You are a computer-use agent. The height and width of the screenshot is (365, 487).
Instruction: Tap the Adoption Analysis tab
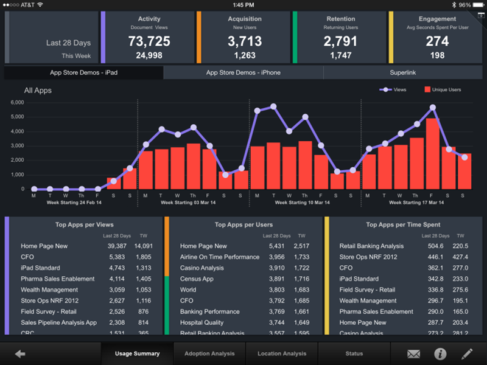pyautogui.click(x=210, y=353)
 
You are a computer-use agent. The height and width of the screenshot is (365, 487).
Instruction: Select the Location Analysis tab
pyautogui.click(x=282, y=353)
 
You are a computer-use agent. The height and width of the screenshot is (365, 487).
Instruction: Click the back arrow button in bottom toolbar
pyautogui.click(x=20, y=353)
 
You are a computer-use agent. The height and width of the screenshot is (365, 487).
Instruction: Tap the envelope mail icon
pyautogui.click(x=413, y=353)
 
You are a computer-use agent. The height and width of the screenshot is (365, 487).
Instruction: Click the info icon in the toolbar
pyautogui.click(x=440, y=353)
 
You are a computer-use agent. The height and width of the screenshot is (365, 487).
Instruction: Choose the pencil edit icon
pyautogui.click(x=467, y=353)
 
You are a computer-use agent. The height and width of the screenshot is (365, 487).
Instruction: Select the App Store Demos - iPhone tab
pyautogui.click(x=243, y=73)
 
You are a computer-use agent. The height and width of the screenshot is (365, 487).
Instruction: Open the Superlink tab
pyautogui.click(x=403, y=73)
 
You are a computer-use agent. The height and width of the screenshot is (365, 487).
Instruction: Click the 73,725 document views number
pyautogui.click(x=149, y=42)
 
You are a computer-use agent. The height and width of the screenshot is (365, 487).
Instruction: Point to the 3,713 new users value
pyautogui.click(x=245, y=42)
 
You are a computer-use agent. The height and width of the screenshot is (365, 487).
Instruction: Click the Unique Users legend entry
pyautogui.click(x=443, y=89)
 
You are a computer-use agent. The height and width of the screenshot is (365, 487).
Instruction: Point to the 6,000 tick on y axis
pyautogui.click(x=17, y=102)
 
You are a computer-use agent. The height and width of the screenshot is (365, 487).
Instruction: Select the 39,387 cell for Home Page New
pyautogui.click(x=117, y=246)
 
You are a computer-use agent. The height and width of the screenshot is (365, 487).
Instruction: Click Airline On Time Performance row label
pyautogui.click(x=220, y=257)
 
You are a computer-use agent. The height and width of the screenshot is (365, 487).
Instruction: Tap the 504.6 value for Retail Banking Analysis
pyautogui.click(x=435, y=246)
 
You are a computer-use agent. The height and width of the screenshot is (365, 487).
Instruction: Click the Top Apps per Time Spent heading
pyautogui.click(x=403, y=225)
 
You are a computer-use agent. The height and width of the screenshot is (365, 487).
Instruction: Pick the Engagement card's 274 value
pyautogui.click(x=437, y=42)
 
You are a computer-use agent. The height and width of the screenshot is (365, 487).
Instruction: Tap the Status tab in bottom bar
pyautogui.click(x=354, y=353)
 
